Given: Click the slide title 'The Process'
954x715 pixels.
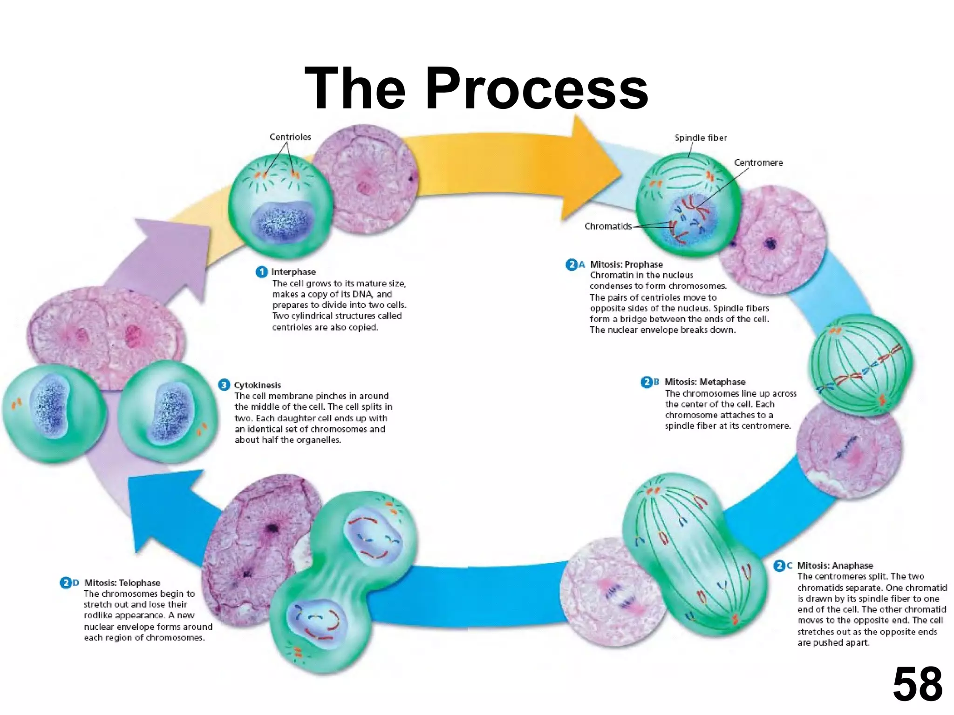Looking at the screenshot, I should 476,88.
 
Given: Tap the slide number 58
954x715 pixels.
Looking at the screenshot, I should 917,684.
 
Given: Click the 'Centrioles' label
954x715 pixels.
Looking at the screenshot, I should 290,137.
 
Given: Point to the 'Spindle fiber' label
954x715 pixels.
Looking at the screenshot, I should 701,138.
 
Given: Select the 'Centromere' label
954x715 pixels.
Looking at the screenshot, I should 758,162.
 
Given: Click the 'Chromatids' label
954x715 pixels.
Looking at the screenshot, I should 608,226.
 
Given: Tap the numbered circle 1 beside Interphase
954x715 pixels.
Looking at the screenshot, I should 262,272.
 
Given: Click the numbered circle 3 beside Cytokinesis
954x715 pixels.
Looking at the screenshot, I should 224,385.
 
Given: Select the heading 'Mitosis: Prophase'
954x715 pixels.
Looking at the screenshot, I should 626,264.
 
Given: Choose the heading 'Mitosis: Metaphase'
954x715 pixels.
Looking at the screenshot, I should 704,382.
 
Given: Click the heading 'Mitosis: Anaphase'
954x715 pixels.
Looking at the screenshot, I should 835,566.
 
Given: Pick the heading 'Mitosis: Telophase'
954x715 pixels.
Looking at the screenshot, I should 122,583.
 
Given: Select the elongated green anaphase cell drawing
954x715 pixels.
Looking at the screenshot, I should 694,554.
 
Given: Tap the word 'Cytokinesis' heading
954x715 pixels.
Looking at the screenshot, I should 258,385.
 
